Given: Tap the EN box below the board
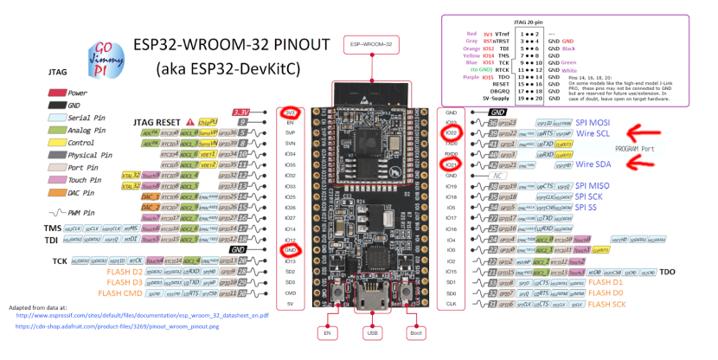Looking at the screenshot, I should coord(328,332).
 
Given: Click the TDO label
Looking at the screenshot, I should coord(667,272).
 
